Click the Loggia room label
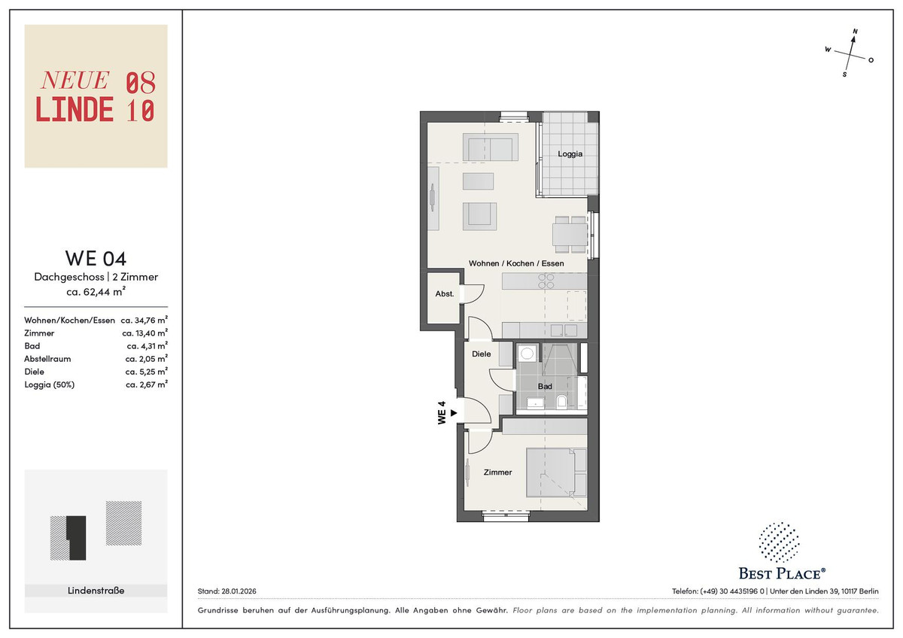pyautogui.click(x=570, y=153)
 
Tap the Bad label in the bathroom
pyautogui.click(x=545, y=386)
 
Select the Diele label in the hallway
pyautogui.click(x=482, y=354)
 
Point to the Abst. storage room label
pyautogui.click(x=444, y=294)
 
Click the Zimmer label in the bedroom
pyautogui.click(x=498, y=472)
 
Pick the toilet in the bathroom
pyautogui.click(x=561, y=402)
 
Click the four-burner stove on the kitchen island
pyautogui.click(x=546, y=281)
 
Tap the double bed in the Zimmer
pyautogui.click(x=556, y=472)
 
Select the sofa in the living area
pyautogui.click(x=490, y=147)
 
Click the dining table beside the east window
pyautogui.click(x=570, y=235)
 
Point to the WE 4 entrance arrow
pyautogui.click(x=454, y=413)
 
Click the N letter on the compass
pyautogui.click(x=855, y=32)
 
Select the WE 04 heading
pyautogui.click(x=96, y=258)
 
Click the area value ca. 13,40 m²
pyautogui.click(x=144, y=333)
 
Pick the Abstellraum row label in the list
pyautogui.click(x=47, y=359)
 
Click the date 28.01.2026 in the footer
pyautogui.click(x=239, y=591)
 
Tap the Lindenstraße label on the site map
pyautogui.click(x=96, y=591)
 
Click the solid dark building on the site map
pyautogui.click(x=77, y=538)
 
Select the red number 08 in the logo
pyautogui.click(x=141, y=83)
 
